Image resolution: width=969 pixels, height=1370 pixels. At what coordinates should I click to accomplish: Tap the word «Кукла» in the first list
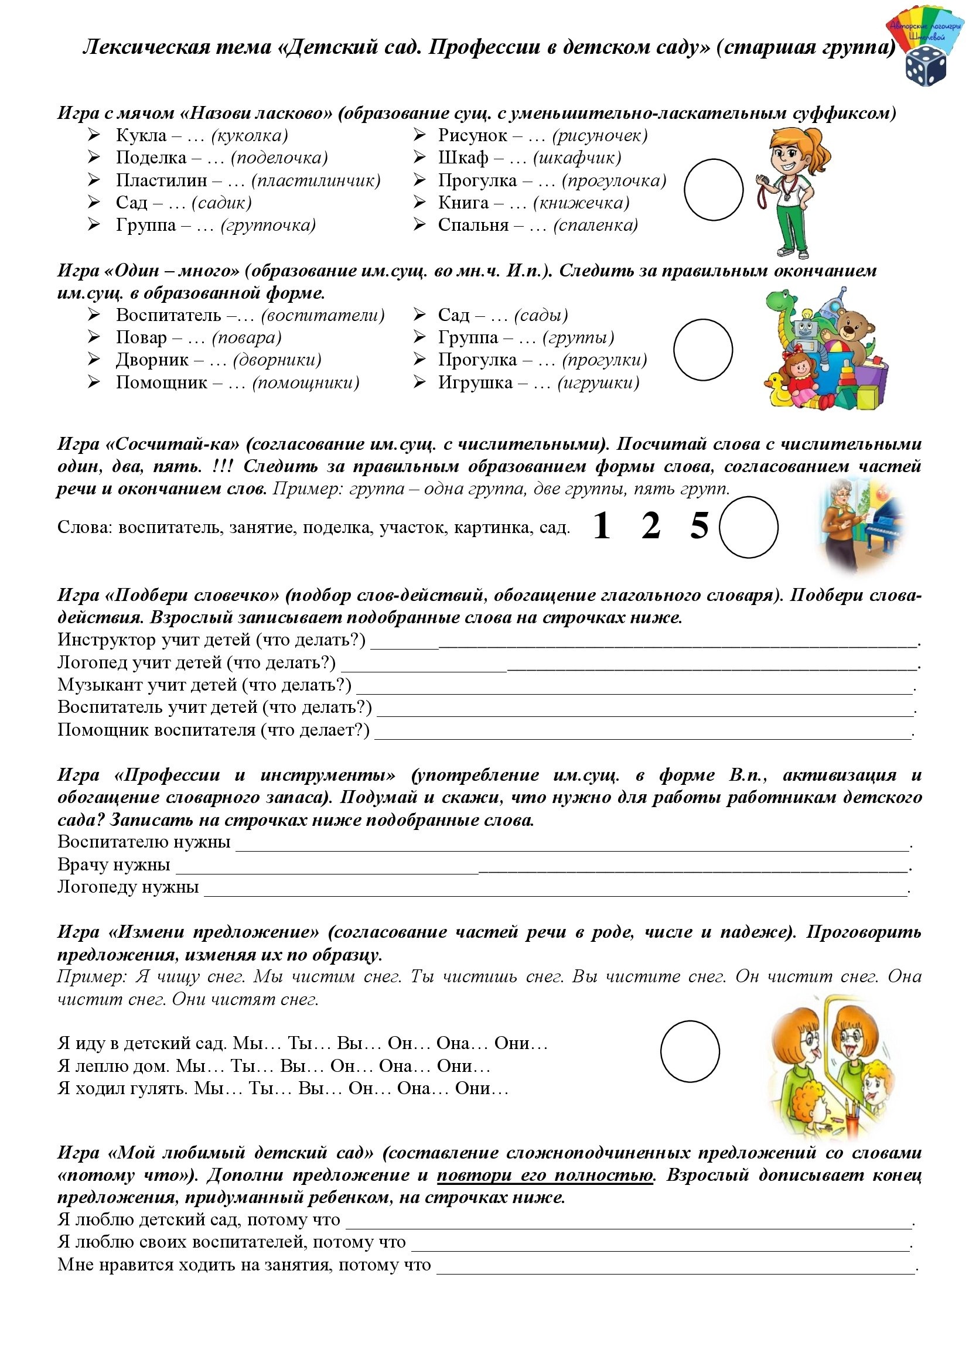click(141, 135)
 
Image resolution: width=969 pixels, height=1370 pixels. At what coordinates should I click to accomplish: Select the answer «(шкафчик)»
click(577, 158)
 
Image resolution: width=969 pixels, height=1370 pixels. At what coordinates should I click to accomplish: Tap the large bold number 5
click(700, 525)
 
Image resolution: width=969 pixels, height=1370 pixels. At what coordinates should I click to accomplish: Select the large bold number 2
click(651, 525)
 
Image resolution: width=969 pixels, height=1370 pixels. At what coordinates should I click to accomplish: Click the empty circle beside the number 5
click(748, 527)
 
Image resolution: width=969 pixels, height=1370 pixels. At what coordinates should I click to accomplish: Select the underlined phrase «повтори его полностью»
click(545, 1175)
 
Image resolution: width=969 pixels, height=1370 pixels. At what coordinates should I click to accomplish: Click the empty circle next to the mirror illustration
click(690, 1051)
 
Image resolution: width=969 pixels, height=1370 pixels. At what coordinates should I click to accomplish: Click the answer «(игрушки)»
click(599, 383)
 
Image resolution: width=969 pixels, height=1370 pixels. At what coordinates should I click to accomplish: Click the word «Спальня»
click(473, 226)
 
